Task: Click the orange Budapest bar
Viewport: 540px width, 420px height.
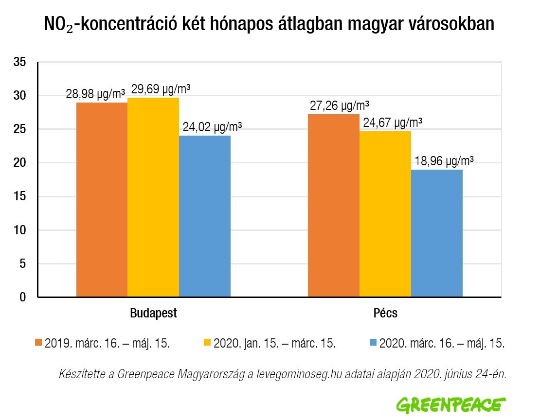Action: point(102,200)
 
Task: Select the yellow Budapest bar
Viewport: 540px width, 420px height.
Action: point(153,197)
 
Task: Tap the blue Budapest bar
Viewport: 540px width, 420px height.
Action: point(205,216)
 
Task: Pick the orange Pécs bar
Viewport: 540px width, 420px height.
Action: point(334,206)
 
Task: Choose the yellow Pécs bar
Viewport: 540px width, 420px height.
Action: point(385,214)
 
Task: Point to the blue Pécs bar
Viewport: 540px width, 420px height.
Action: point(437,233)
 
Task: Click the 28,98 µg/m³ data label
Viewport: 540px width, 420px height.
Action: point(95,94)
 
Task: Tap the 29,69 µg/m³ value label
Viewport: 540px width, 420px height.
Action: point(161,89)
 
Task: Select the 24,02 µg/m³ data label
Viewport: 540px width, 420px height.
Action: point(212,127)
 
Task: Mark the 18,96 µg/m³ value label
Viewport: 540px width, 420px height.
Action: point(444,161)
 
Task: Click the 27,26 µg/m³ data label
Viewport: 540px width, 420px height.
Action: point(340,105)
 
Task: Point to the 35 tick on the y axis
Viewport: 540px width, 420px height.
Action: point(19,62)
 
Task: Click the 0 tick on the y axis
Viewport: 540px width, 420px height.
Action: point(23,297)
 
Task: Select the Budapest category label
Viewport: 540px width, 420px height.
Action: point(154,313)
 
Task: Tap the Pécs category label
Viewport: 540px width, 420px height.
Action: point(385,313)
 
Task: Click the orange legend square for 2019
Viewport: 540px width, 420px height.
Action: point(38,343)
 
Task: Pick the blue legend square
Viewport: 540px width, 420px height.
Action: point(373,343)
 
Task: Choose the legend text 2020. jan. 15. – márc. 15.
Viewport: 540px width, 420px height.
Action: point(274,343)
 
